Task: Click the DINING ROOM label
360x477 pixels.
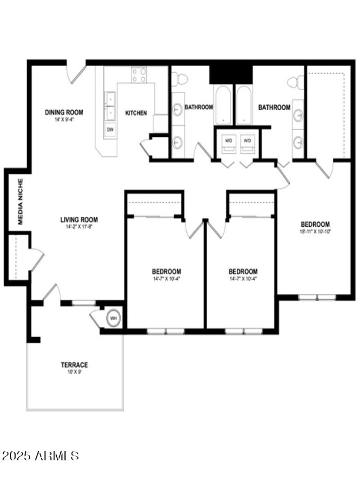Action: pos(64,112)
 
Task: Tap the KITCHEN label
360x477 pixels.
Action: pos(135,113)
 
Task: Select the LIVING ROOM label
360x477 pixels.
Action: pos(79,220)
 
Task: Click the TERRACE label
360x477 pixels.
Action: pos(75,364)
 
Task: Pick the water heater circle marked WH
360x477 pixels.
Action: pos(114,318)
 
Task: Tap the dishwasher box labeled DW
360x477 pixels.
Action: pos(110,130)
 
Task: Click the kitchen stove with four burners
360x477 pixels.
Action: pos(139,75)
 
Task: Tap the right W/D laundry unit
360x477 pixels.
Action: pos(247,141)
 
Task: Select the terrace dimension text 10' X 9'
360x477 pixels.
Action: pos(75,372)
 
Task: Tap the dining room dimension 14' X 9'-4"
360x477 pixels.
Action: pos(64,120)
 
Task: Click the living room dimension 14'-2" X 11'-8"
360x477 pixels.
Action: pos(79,227)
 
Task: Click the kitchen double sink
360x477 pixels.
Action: pos(110,105)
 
